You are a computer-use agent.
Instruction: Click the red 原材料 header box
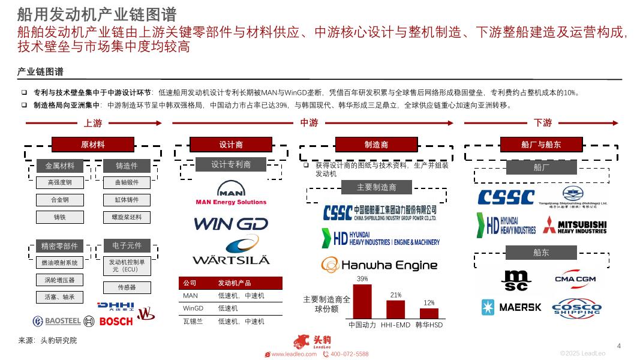click(92, 145)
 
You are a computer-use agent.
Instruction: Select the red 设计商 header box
click(230, 145)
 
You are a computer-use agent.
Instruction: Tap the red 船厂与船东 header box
click(541, 145)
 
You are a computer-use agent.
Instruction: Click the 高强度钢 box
click(59, 182)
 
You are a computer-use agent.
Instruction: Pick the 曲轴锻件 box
click(126, 182)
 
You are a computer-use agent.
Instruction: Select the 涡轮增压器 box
click(59, 280)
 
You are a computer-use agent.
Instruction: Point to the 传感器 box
click(126, 287)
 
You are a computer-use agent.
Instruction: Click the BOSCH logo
click(116, 322)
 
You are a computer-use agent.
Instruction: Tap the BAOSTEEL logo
click(56, 321)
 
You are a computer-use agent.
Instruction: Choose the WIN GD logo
click(231, 224)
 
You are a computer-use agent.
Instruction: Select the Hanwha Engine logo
click(379, 265)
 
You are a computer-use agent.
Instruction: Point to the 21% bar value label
click(395, 295)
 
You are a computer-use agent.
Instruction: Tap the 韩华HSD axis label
click(429, 325)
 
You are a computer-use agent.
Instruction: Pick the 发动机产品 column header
click(234, 283)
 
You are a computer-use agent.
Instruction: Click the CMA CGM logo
click(575, 279)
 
